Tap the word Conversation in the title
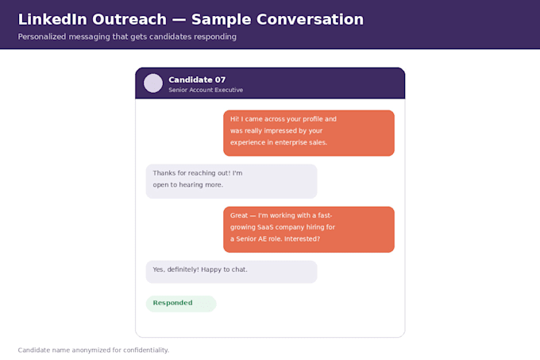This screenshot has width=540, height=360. point(308,19)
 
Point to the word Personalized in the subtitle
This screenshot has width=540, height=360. point(41,37)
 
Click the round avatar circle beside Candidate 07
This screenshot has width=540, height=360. point(153,83)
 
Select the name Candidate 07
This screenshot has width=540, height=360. point(197,80)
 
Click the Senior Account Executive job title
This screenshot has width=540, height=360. point(206,90)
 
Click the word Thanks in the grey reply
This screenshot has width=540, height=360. point(164,173)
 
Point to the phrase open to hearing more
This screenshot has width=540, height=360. point(188,185)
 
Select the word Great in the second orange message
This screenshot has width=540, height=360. point(239,215)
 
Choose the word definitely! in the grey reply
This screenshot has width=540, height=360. point(183,269)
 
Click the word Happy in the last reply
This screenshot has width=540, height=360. point(210,269)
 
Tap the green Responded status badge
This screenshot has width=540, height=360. point(181,304)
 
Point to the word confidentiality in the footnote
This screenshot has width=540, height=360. point(145,350)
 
